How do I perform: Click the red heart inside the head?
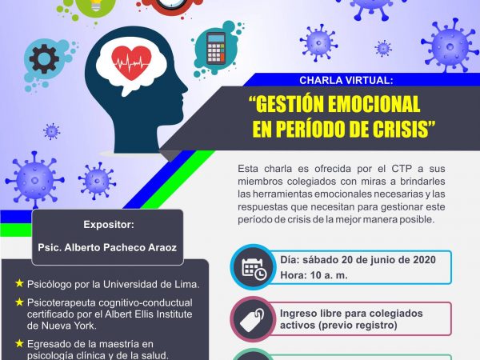pos(131,62)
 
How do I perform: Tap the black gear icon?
pos(44,58)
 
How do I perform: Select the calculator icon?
pos(215,48)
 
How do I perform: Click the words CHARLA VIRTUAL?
pos(346,80)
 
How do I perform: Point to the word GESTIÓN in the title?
pos(290,104)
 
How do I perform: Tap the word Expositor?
pos(109,224)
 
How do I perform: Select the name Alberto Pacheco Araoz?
pos(120,247)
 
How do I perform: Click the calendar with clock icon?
pos(254,268)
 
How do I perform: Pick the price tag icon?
pos(252,319)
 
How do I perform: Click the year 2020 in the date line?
pos(424,259)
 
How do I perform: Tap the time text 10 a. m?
pos(329,275)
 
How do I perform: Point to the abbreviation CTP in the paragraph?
pos(402,169)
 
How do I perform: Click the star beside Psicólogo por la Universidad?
pos(19,283)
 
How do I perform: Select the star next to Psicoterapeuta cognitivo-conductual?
pos(19,302)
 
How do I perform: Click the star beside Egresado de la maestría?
pos(19,343)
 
